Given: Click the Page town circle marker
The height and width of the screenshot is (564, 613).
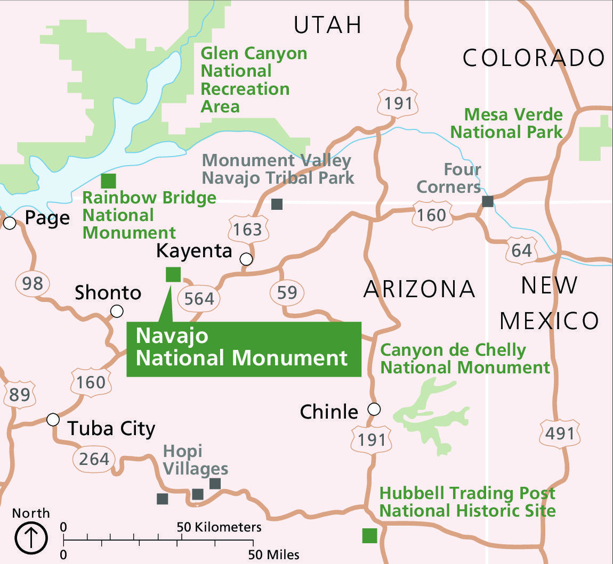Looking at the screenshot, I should pyautogui.click(x=10, y=223).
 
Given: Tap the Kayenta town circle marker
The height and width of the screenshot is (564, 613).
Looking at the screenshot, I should pyautogui.click(x=246, y=259).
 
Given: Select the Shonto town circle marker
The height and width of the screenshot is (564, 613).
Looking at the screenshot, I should pyautogui.click(x=117, y=311).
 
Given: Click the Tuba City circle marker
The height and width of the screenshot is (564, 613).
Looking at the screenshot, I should pyautogui.click(x=53, y=420).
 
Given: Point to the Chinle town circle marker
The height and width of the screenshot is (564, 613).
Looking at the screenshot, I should pyautogui.click(x=374, y=409).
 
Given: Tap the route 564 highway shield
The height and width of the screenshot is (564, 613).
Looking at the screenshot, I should pyautogui.click(x=199, y=298).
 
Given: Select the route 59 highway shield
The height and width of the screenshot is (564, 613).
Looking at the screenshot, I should pyautogui.click(x=287, y=292).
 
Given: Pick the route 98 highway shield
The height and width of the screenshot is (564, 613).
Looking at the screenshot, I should pyautogui.click(x=33, y=283).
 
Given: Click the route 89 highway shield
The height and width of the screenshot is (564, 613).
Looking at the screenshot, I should pyautogui.click(x=19, y=395).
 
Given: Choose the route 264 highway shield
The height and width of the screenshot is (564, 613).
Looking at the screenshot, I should pyautogui.click(x=94, y=459).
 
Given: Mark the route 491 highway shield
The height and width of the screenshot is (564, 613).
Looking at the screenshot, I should pyautogui.click(x=559, y=433).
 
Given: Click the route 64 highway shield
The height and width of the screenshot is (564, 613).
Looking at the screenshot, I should pyautogui.click(x=521, y=250).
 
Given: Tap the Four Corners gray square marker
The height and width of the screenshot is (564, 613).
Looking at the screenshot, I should pyautogui.click(x=487, y=201).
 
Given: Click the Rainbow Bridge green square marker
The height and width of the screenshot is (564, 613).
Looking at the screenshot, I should pyautogui.click(x=108, y=181).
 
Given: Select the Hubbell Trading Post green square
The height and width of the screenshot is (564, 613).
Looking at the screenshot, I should pyautogui.click(x=369, y=535).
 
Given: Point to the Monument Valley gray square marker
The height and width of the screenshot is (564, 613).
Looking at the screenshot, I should pyautogui.click(x=277, y=203).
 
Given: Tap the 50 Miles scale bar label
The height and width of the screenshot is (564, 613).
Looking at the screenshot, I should pyautogui.click(x=273, y=554).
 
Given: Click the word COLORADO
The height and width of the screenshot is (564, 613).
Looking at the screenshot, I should pyautogui.click(x=534, y=58).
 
